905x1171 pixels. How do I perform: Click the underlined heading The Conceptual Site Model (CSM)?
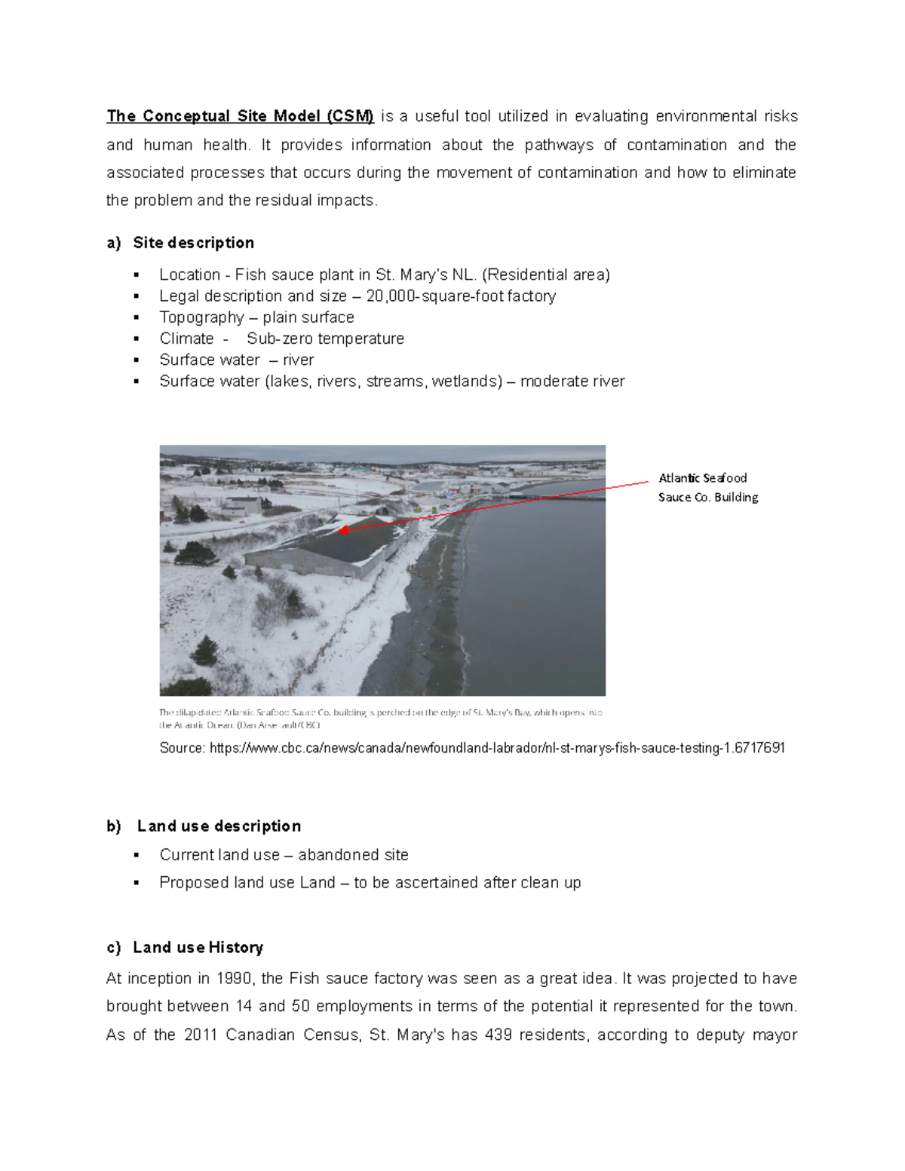240,116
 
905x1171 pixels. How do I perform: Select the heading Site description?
193,243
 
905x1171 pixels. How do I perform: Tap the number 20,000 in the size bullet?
391,296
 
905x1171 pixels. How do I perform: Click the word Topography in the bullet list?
201,317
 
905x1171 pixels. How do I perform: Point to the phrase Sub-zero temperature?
325,339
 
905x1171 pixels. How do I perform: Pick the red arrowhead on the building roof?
343,530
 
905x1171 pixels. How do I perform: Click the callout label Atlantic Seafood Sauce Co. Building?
707,487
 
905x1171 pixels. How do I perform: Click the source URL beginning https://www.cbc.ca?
497,748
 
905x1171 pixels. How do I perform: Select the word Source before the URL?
181,748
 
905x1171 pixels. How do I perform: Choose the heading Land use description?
219,826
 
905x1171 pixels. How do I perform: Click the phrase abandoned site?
353,855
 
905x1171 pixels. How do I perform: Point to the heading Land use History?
198,947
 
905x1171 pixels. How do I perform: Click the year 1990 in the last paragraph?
234,979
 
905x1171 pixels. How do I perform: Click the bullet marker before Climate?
137,339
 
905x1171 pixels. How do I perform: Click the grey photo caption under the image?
380,718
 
